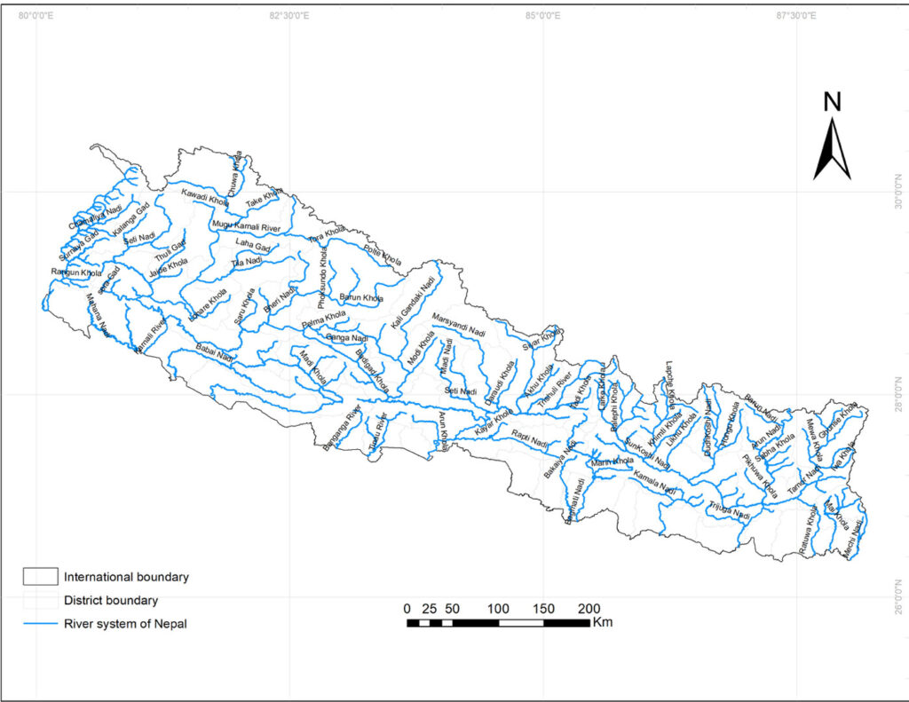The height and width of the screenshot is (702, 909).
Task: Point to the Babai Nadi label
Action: click(x=215, y=352)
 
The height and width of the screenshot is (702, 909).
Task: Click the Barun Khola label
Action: click(x=361, y=296)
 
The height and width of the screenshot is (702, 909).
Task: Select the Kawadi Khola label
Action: click(x=205, y=197)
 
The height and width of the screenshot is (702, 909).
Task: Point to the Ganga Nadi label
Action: click(x=346, y=338)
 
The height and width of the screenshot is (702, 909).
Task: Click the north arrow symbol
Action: click(x=832, y=150)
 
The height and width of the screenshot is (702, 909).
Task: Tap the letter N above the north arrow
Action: click(x=832, y=102)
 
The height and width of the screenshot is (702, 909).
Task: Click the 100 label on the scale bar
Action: click(x=498, y=609)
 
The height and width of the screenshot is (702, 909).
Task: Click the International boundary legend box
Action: click(x=40, y=577)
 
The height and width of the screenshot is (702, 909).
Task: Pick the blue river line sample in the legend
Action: click(x=40, y=624)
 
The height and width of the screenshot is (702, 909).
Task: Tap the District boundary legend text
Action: click(x=111, y=601)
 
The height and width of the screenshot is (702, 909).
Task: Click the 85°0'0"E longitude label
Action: click(x=542, y=15)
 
